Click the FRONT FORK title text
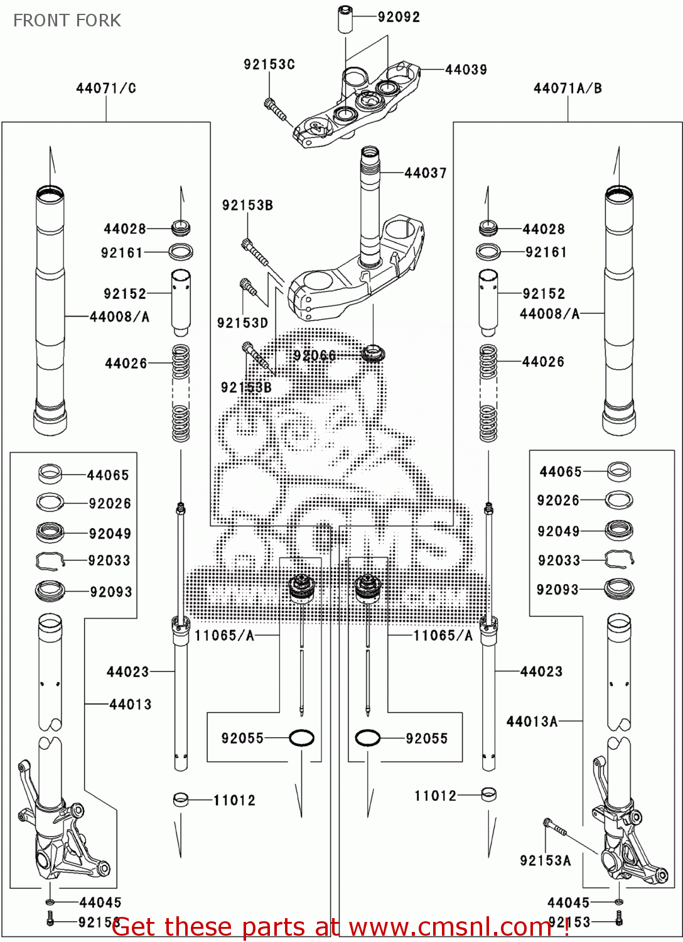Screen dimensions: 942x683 pyautogui.click(x=67, y=20)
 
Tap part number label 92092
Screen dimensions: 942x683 pyautogui.click(x=399, y=17)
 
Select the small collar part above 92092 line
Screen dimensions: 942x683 pyautogui.click(x=345, y=19)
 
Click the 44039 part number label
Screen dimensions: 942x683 pyautogui.click(x=466, y=70)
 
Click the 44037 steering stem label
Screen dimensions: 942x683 pyautogui.click(x=425, y=173)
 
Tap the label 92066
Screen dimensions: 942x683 pyautogui.click(x=315, y=355)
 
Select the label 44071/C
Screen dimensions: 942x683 pyautogui.click(x=105, y=89)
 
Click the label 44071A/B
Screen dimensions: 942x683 pyautogui.click(x=567, y=89)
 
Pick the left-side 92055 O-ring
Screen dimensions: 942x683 pyautogui.click(x=301, y=738)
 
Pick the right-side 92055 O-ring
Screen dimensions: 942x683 pyautogui.click(x=367, y=738)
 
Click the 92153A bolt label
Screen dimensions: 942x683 pyautogui.click(x=545, y=860)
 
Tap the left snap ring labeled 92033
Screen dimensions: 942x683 pyautogui.click(x=50, y=560)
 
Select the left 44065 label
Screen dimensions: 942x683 pyautogui.click(x=107, y=475)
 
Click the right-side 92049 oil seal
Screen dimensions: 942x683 pyautogui.click(x=618, y=531)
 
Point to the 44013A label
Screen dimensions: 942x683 pyautogui.click(x=532, y=722)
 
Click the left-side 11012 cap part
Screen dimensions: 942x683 pyautogui.click(x=181, y=799)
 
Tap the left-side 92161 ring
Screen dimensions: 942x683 pyautogui.click(x=181, y=252)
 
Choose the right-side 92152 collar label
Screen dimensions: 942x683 pyautogui.click(x=544, y=294)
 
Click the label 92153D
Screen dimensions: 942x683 pyautogui.click(x=242, y=323)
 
